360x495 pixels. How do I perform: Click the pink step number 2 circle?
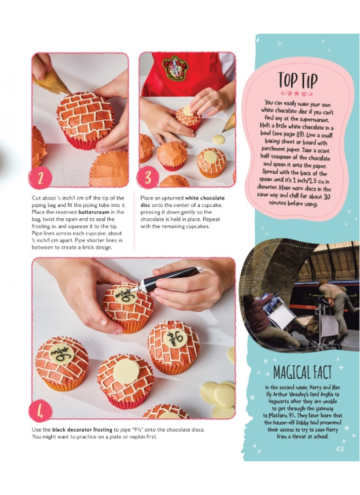41,178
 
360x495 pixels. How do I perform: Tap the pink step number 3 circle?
148,177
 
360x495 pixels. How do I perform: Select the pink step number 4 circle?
41,410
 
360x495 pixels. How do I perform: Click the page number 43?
340,449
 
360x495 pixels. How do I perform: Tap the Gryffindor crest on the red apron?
175,67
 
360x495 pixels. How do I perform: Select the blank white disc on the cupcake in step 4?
126,371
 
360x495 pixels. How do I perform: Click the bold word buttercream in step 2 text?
93,212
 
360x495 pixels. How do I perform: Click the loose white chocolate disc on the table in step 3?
218,139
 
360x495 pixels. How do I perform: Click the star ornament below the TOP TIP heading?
297,94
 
